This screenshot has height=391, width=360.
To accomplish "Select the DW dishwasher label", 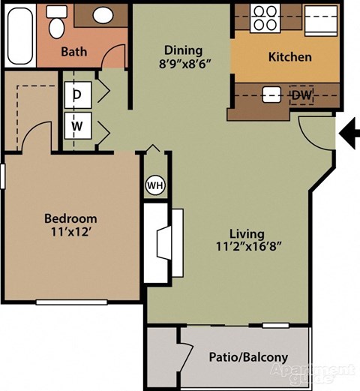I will point(301,95).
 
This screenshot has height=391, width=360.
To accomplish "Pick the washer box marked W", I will point(77,125).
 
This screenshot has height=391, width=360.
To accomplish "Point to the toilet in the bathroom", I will point(56,26).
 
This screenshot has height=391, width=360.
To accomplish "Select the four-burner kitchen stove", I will point(264,17).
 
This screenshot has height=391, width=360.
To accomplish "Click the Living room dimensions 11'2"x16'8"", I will point(247,245).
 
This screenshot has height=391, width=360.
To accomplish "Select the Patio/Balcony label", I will point(247,357).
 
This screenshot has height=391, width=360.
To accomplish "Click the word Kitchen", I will point(289,56).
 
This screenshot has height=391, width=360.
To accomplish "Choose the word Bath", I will point(73,52).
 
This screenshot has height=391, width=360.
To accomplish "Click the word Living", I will point(247,230).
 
